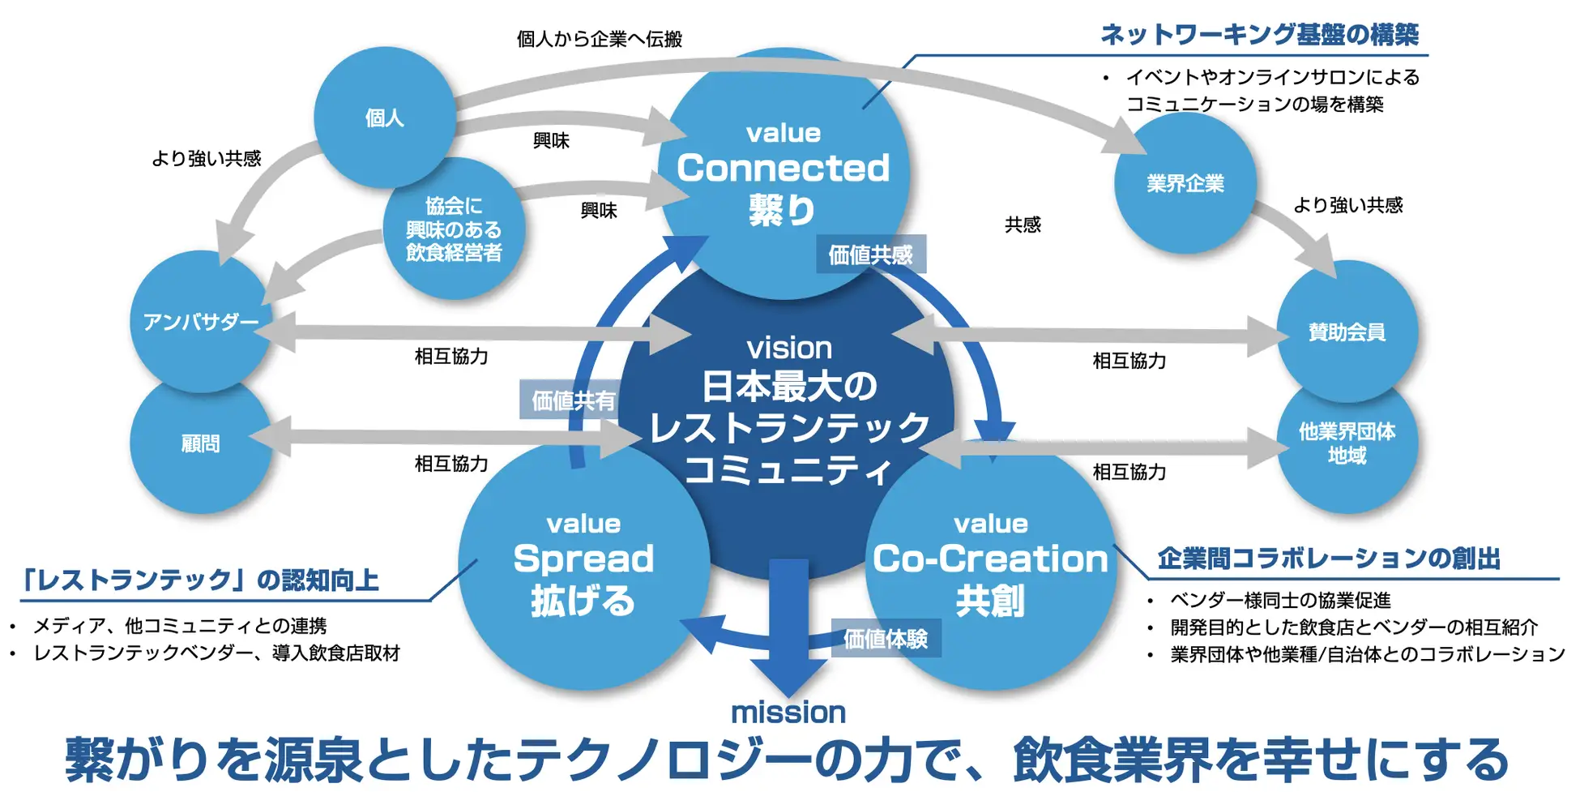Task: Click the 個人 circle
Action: (x=384, y=118)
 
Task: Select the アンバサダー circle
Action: (x=200, y=322)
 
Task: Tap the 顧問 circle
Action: (x=200, y=443)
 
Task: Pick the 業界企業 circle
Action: (x=1185, y=184)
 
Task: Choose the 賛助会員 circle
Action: (x=1347, y=332)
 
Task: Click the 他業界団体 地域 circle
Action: (x=1347, y=443)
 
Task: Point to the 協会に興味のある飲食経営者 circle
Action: (x=454, y=229)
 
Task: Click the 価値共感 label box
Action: (x=870, y=255)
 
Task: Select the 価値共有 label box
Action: (x=572, y=400)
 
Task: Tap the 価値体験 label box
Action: (x=886, y=639)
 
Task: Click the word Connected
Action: (x=783, y=169)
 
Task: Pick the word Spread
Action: (x=583, y=559)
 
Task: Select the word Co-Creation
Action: (x=990, y=559)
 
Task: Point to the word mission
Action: (x=788, y=713)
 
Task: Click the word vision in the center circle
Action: (x=789, y=349)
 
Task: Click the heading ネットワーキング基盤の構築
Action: (x=1259, y=35)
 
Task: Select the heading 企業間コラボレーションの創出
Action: (x=1329, y=559)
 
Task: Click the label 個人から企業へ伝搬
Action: (x=600, y=39)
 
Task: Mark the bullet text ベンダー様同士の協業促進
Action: (x=1280, y=601)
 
